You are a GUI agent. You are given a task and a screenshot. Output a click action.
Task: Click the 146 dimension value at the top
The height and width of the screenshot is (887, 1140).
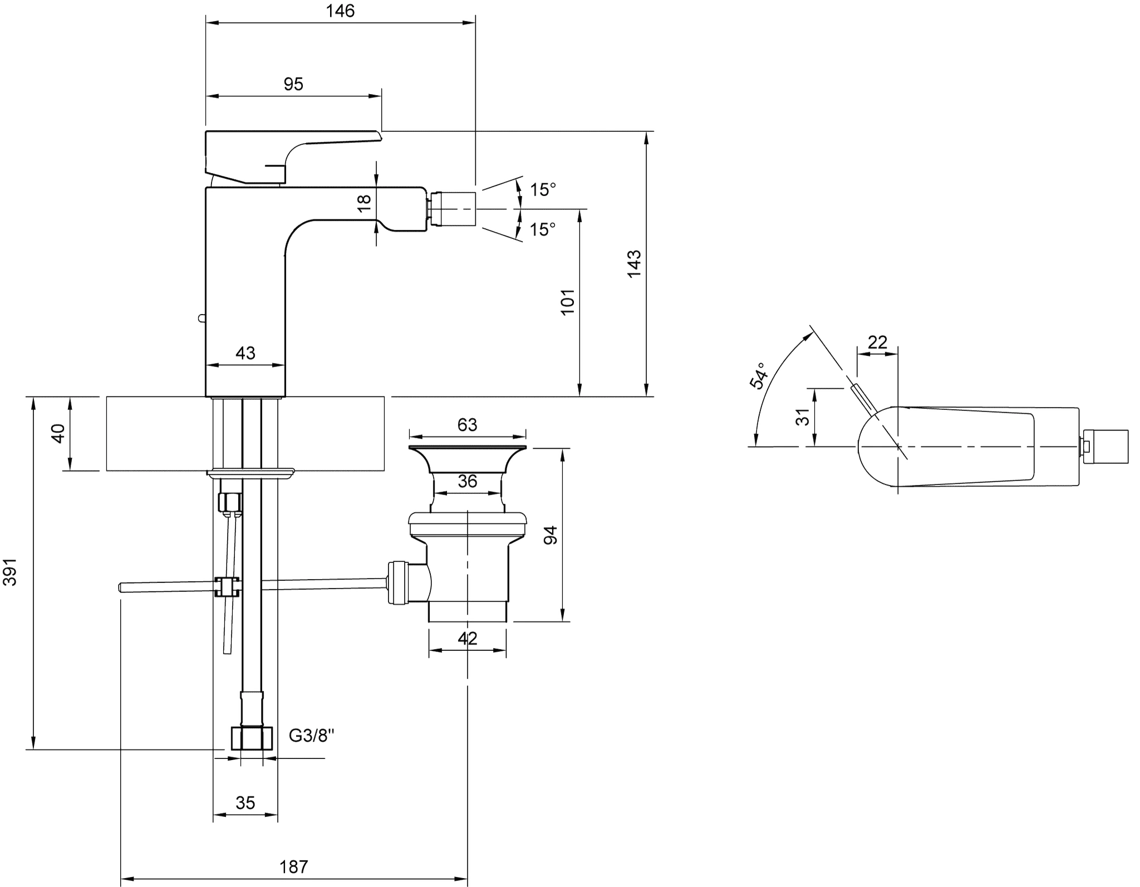tap(340, 11)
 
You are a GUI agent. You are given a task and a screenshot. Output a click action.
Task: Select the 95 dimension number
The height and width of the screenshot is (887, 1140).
tap(293, 84)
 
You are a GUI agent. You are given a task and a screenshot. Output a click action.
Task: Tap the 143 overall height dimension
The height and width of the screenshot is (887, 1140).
tap(634, 264)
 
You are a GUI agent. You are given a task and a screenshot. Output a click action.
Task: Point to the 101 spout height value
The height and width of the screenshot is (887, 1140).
tap(567, 302)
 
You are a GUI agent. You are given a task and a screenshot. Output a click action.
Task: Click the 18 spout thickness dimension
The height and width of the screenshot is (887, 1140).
tap(364, 203)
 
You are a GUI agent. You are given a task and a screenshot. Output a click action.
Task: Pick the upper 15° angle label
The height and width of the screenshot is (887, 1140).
tap(542, 190)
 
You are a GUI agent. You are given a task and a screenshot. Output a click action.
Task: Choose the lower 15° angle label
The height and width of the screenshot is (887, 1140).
tap(542, 229)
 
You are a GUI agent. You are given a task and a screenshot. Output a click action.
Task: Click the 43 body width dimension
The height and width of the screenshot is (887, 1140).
tap(245, 353)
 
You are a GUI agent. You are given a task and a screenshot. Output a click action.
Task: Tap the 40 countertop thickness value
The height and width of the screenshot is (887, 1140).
tap(58, 433)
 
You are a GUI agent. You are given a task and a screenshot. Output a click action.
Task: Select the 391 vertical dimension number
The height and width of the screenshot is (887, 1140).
tap(11, 572)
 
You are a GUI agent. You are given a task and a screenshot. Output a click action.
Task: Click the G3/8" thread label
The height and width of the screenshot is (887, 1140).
tap(312, 736)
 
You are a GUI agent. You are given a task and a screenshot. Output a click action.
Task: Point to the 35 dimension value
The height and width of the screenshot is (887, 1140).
tap(245, 803)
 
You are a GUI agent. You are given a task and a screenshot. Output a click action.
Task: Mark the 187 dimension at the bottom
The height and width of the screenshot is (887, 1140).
tap(293, 867)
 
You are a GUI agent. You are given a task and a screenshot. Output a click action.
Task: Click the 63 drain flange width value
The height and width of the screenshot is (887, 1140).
tap(467, 425)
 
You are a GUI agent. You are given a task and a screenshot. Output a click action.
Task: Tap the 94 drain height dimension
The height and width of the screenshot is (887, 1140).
tap(551, 535)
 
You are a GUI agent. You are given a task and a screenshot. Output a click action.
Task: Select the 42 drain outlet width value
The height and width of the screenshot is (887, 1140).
tap(467, 639)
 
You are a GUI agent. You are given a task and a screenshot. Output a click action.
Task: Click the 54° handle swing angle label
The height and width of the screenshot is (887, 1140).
tap(758, 375)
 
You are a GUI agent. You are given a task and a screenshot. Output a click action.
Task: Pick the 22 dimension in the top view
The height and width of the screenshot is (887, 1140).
tap(877, 342)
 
